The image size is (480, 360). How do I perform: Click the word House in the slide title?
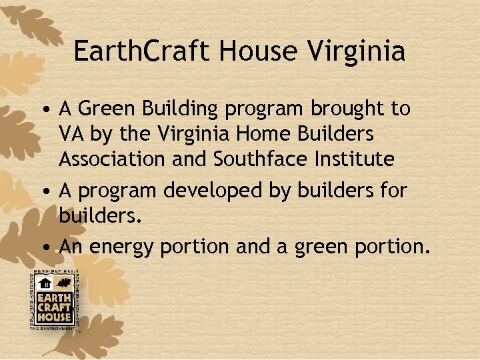250,51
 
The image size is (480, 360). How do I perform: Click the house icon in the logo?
45,283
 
